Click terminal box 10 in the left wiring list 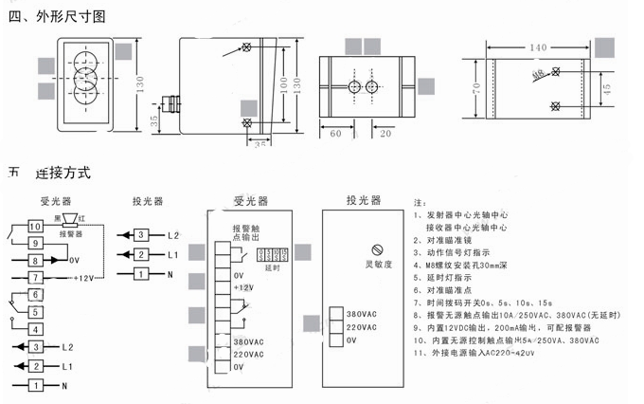click(34, 227)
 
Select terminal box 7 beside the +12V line click(34, 277)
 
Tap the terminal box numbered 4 click(34, 329)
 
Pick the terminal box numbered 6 click(34, 295)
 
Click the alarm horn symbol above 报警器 click(69, 220)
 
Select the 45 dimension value click(606, 88)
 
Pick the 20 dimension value click(385, 134)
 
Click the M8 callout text click(537, 72)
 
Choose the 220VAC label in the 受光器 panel click(251, 354)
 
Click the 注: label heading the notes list click(420, 202)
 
